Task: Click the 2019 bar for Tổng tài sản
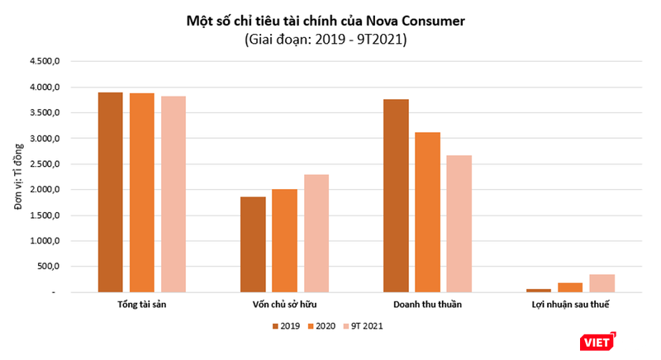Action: (110, 192)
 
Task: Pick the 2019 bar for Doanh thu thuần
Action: (396, 196)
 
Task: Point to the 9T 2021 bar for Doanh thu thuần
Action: (459, 224)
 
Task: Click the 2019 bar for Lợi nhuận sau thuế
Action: (538, 290)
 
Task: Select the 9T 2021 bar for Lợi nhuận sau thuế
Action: (602, 283)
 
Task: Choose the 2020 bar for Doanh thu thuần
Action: (427, 212)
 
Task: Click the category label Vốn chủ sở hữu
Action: (284, 305)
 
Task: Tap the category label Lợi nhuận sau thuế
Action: (569, 305)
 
